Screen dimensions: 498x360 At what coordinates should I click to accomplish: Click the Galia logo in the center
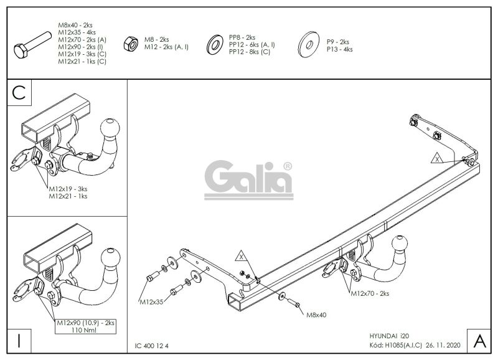pos(248,180)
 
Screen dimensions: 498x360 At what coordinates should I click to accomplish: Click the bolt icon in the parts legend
pos(32,44)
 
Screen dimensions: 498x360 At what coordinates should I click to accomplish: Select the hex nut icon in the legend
pos(131,44)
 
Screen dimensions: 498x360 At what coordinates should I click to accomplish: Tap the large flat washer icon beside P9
pos(309,44)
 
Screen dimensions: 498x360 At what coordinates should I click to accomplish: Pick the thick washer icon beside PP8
pos(215,44)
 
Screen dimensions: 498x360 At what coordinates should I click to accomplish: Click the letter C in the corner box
pos(19,93)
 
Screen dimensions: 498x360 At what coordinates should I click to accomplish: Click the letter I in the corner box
pos(19,341)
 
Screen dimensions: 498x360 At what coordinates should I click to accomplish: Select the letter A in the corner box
pos(479,341)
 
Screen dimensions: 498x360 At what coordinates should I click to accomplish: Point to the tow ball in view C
pos(110,128)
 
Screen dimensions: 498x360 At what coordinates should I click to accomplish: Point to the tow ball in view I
pos(111,258)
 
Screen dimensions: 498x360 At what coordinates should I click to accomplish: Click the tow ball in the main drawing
pos(400,244)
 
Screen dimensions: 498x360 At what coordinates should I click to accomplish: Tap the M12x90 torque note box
pos(85,326)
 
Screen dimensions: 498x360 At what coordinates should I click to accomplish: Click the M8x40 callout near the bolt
pos(316,315)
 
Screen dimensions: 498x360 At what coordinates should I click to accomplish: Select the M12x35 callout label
pos(151,302)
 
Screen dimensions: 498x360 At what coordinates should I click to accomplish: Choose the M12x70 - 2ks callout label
pos(370,293)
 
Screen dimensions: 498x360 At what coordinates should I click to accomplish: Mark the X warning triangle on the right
pos(438,159)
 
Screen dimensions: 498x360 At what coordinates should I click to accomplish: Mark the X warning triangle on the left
pos(242,256)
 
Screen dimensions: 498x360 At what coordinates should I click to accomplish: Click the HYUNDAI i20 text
pos(389,336)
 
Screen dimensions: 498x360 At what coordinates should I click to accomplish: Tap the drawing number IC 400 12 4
pos(151,346)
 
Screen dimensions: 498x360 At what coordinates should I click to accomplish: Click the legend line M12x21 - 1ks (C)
pos(82,62)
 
